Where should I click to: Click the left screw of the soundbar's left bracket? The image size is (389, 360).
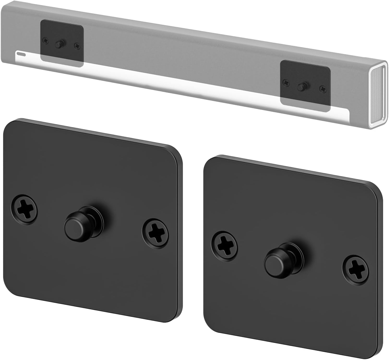(x=46, y=40)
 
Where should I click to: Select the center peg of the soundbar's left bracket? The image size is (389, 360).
(x=59, y=44)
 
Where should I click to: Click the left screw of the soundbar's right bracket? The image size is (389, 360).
(x=286, y=82)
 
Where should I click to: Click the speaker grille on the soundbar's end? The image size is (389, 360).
(x=377, y=96)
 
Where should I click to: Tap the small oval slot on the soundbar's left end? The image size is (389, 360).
(x=21, y=54)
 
